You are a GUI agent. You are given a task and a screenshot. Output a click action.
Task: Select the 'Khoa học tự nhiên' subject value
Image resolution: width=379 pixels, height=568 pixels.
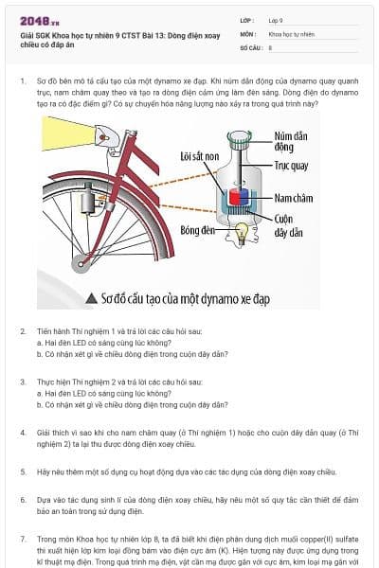click(291, 33)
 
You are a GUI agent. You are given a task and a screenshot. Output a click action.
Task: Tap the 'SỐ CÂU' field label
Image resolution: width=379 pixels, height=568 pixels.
click(249, 46)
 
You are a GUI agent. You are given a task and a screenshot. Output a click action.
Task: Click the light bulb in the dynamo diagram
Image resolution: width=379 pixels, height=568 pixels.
click(242, 230)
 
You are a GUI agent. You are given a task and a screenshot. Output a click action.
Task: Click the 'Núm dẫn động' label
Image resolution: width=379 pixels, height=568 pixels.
click(288, 142)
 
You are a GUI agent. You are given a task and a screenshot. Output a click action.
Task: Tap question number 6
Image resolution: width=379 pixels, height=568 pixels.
click(23, 498)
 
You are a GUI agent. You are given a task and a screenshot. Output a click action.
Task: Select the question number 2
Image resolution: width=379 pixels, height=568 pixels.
click(23, 332)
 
